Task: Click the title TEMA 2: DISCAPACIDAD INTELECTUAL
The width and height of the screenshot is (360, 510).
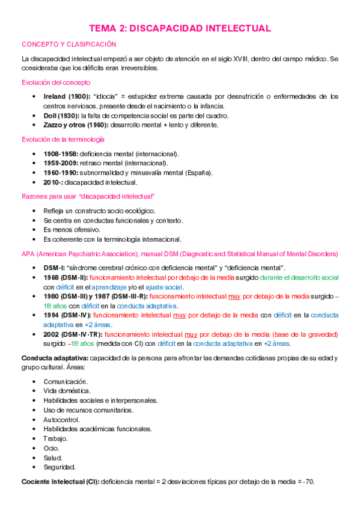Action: [x=180, y=28]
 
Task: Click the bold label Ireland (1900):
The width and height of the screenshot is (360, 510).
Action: [x=67, y=96]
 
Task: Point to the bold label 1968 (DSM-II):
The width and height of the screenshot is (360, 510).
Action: [x=65, y=277]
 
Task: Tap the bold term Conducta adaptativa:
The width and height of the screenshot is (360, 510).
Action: [x=54, y=358]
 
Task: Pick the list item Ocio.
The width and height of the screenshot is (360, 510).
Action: [x=51, y=448]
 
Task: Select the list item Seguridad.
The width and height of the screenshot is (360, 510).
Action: [x=59, y=467]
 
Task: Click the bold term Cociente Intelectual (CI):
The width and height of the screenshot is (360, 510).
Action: [x=60, y=482]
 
